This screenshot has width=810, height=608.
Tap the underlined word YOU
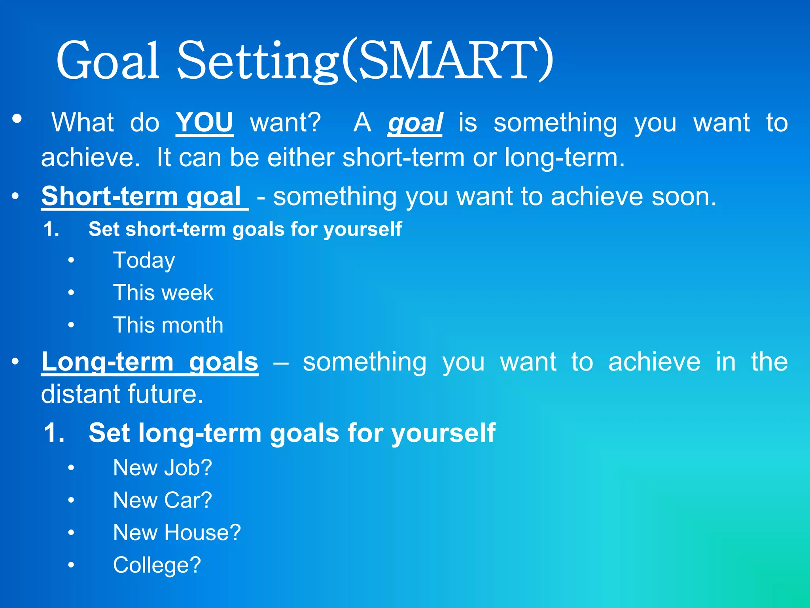pos(204,122)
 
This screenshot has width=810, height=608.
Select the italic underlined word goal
pos(415,123)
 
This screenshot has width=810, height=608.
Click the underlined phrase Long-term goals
pos(150,362)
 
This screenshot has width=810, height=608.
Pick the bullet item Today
pos(144,261)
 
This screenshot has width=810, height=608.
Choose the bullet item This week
pos(163,293)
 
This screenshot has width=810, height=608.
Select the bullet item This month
pos(168,325)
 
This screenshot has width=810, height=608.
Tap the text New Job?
pos(163,468)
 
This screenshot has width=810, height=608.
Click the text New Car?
pos(163,500)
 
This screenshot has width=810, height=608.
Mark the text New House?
pos(177,533)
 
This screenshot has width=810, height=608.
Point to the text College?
pos(157,565)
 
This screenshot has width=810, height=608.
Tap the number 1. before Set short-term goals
pos(51,229)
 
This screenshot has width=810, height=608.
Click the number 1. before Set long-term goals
pos(54,433)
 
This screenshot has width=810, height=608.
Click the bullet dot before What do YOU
pos(17,118)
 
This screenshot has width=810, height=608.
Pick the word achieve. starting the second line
pos(91,158)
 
